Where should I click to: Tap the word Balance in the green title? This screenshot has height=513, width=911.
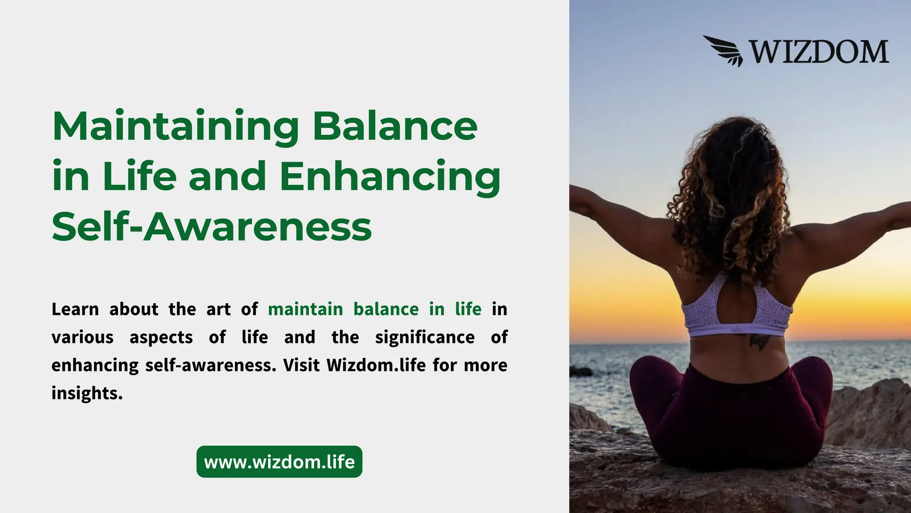tap(395, 126)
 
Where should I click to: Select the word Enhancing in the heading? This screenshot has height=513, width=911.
tap(390, 177)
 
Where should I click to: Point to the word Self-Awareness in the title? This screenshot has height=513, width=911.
tap(212, 227)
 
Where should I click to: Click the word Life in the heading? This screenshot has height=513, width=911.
tap(139, 176)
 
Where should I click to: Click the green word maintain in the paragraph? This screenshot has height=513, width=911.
tap(305, 309)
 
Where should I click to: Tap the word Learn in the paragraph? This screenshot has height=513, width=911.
tap(75, 309)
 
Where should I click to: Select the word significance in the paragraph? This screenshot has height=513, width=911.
tap(425, 337)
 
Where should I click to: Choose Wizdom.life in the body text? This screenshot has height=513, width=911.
tap(376, 365)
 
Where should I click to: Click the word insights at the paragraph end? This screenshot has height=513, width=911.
tap(87, 393)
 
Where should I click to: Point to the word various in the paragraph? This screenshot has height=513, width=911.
tap(82, 337)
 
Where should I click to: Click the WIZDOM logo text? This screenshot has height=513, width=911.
tap(819, 52)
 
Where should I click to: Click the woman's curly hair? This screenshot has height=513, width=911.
tap(730, 187)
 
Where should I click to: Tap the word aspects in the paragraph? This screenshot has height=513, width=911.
tap(161, 337)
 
